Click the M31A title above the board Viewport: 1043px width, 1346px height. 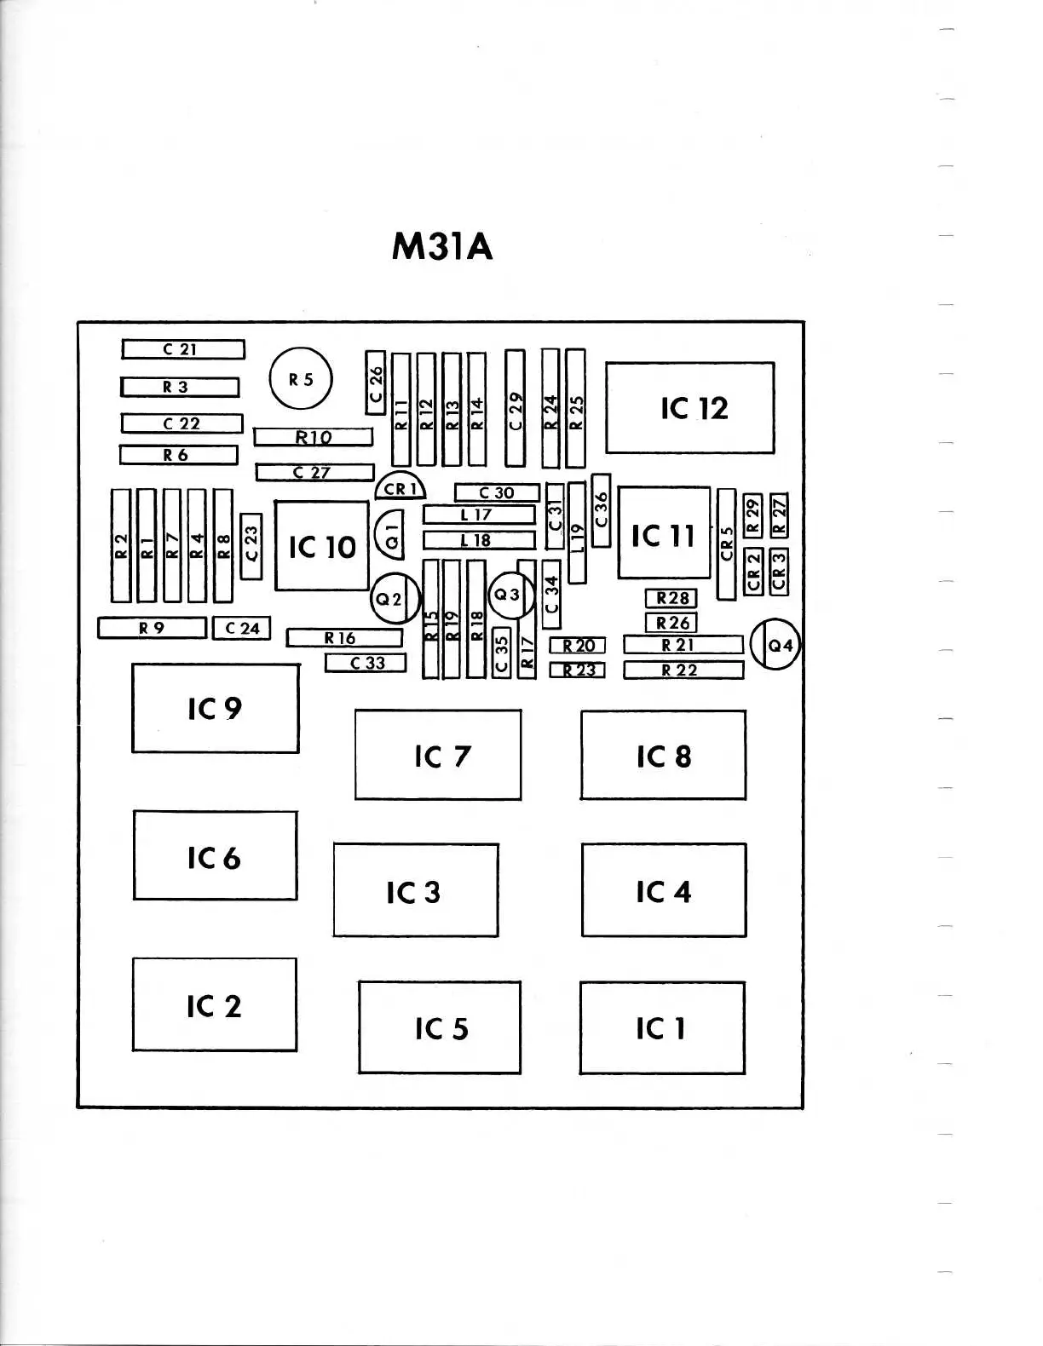click(x=442, y=247)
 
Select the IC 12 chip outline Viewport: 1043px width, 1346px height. click(x=690, y=408)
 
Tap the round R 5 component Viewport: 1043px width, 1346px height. click(x=301, y=380)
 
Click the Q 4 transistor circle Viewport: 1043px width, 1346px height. click(x=775, y=646)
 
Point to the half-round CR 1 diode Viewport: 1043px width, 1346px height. click(x=400, y=488)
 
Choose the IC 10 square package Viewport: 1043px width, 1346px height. click(x=321, y=546)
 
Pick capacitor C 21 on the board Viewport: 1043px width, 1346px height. click(x=182, y=349)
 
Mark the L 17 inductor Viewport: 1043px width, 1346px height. click(x=479, y=515)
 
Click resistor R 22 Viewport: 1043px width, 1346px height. click(x=683, y=670)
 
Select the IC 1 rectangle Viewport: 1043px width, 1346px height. click(x=662, y=1028)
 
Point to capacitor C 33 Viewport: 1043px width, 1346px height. click(x=366, y=663)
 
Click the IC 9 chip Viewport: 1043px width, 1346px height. click(x=216, y=709)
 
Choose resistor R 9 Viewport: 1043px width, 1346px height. click(x=153, y=628)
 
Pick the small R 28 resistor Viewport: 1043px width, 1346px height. click(x=671, y=599)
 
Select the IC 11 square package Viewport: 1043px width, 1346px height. click(x=664, y=534)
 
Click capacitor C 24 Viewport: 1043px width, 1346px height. click(x=242, y=629)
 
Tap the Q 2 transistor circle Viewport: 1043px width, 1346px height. click(x=395, y=598)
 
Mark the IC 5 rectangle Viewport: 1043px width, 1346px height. click(x=440, y=1028)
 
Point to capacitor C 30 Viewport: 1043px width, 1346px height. click(x=497, y=492)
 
